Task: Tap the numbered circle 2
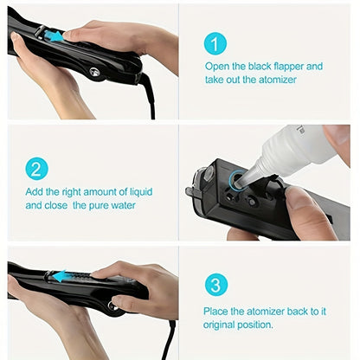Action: pos(35,167)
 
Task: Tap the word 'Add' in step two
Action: pos(35,191)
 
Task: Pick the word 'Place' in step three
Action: pos(220,312)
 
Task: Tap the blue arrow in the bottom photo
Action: pos(61,277)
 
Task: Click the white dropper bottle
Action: pos(294,148)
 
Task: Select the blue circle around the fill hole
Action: pos(235,178)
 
